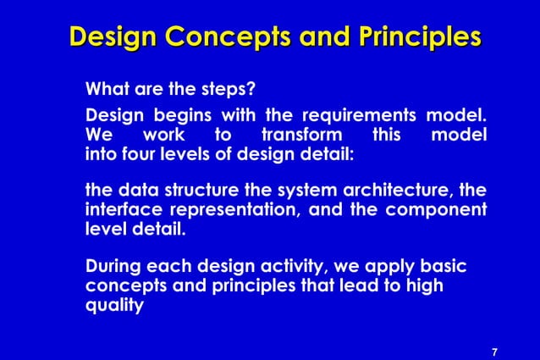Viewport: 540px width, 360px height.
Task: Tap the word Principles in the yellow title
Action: click(x=415, y=37)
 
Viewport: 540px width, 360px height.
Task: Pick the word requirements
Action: click(x=359, y=115)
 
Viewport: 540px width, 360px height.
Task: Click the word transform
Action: click(x=302, y=136)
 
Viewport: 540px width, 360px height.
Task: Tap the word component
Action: click(x=437, y=209)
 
